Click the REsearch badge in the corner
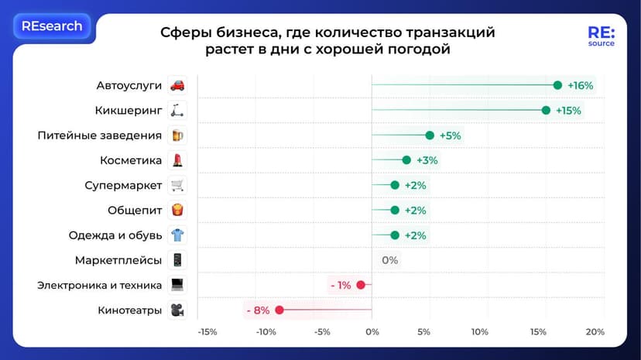pos(52,26)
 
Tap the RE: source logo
pos(601,36)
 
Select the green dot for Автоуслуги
pos(557,85)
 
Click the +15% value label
pos(568,111)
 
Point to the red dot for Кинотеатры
pos(279,310)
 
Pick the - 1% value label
pos(341,285)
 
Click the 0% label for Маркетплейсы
pos(389,260)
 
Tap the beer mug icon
pos(177,135)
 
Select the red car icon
pos(177,85)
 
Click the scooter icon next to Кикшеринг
pos(177,111)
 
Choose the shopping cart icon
pos(177,186)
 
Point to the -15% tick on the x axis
pos(207,332)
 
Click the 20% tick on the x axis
pos(595,332)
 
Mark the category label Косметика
pos(131,160)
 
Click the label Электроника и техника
pos(100,285)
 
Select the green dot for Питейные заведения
pos(430,135)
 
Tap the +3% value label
pos(427,160)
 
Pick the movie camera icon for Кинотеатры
pos(177,310)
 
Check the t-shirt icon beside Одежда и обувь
pos(177,235)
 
